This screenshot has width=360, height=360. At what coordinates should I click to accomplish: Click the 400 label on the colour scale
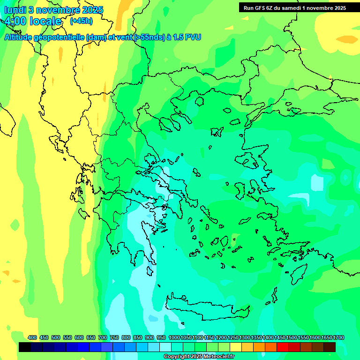32,337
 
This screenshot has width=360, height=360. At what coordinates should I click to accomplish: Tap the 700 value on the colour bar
103,337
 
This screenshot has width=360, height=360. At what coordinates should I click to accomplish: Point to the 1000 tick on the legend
174,337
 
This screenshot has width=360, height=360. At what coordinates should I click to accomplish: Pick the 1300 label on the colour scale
245,337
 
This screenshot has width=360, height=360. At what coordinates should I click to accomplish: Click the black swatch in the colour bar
25,347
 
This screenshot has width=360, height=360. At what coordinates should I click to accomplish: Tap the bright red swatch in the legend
283,347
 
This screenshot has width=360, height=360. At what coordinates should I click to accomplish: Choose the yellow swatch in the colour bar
236,347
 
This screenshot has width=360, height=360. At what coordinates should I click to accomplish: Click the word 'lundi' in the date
15,9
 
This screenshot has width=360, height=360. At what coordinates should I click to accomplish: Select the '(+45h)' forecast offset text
81,21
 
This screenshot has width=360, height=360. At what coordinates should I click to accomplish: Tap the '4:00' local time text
15,21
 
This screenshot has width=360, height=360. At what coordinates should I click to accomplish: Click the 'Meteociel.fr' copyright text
217,357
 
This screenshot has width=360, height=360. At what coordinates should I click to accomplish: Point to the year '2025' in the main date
92,9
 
